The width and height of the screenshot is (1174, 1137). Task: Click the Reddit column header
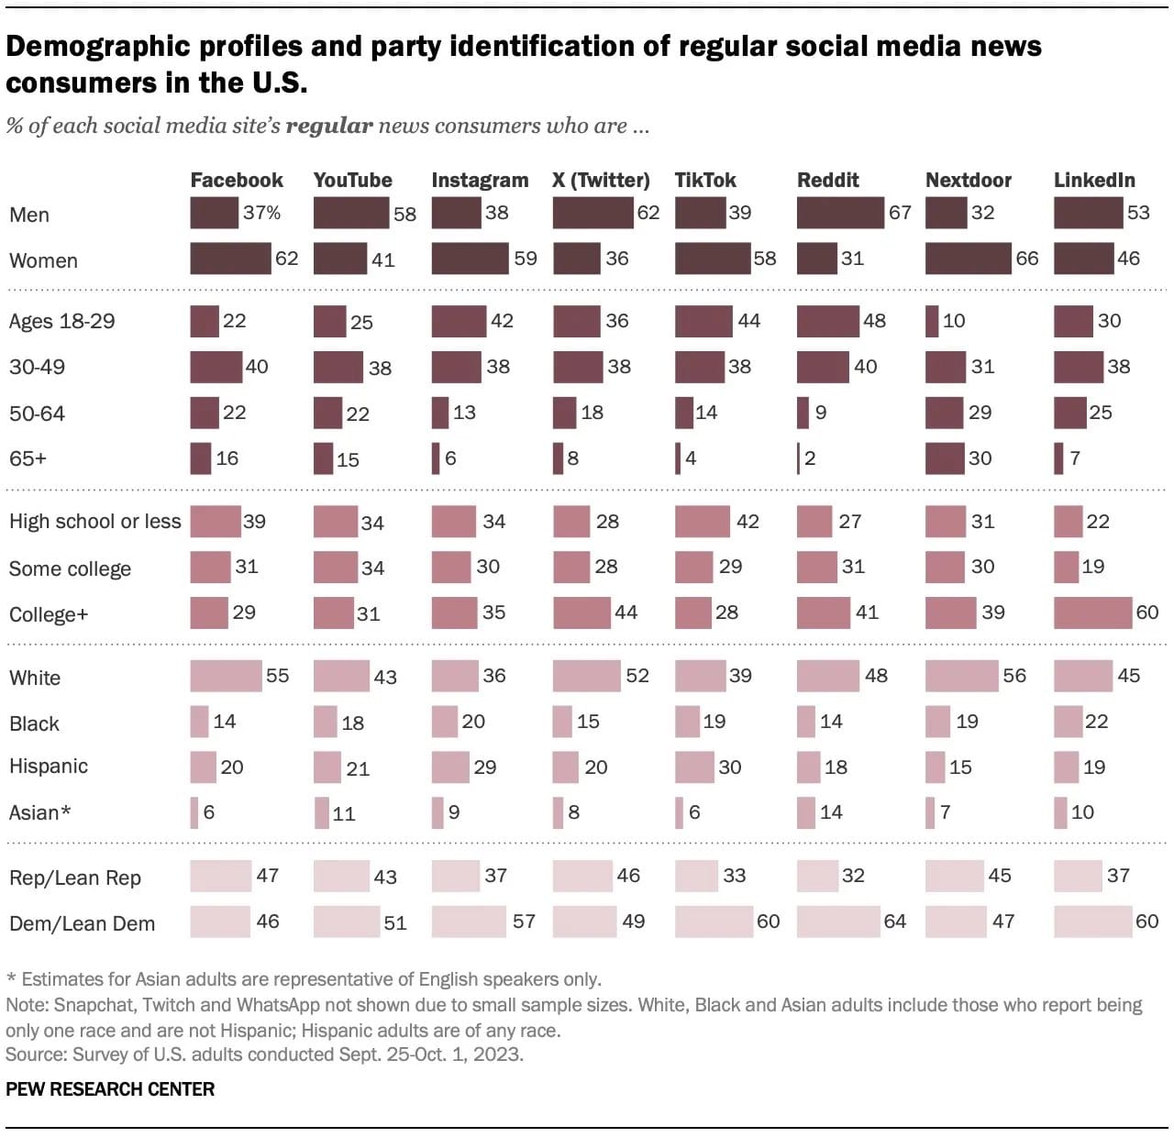tap(827, 180)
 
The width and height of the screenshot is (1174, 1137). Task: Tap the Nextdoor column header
tap(968, 180)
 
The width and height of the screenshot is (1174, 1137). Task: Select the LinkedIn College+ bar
tap(1092, 613)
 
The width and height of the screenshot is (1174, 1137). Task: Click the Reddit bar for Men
tap(840, 213)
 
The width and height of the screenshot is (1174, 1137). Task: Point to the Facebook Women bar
tap(230, 259)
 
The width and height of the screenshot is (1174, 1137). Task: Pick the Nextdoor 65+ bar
tap(945, 458)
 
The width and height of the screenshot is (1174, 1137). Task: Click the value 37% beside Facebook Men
tap(261, 213)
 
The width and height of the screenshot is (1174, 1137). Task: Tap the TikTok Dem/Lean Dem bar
tap(714, 922)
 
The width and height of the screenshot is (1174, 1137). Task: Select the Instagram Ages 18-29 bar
tap(459, 321)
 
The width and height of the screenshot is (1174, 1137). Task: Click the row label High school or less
tap(94, 522)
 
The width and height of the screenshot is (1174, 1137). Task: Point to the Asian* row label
tap(39, 812)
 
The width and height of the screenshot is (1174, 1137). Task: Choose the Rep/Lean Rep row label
tap(74, 878)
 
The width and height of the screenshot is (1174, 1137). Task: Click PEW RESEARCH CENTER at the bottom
tap(110, 1089)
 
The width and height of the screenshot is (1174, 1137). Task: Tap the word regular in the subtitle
tap(328, 126)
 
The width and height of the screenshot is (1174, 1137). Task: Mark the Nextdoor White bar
tap(961, 677)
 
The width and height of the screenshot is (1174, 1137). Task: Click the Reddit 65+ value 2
tap(810, 458)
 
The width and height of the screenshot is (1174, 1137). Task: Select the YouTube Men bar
tap(350, 213)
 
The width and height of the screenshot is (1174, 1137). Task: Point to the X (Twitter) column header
tap(600, 180)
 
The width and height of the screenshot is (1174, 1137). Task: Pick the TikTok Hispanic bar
tap(694, 767)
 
